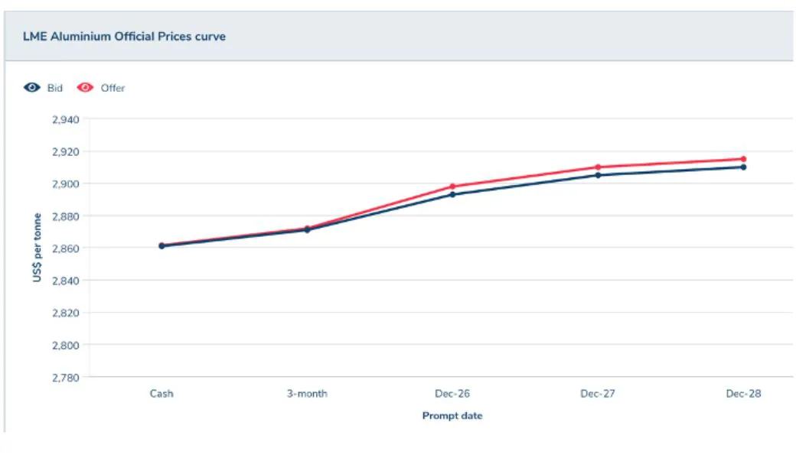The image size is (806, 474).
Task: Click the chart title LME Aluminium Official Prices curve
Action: (x=124, y=36)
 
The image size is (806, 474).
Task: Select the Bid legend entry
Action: (x=44, y=88)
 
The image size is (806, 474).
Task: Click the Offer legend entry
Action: (x=102, y=88)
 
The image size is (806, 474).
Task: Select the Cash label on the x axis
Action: (x=162, y=394)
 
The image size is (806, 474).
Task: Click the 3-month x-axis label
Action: (x=307, y=394)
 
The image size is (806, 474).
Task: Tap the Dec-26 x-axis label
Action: (x=452, y=394)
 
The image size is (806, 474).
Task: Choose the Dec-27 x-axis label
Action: (x=598, y=394)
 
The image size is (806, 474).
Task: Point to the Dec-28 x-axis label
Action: (x=743, y=394)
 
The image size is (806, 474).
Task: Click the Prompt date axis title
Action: (x=452, y=416)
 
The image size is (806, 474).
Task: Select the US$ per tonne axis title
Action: (x=37, y=248)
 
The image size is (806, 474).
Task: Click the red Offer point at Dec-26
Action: (x=452, y=187)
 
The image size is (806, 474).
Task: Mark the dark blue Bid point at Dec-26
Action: (x=452, y=194)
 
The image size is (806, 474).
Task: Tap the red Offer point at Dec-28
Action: (x=743, y=159)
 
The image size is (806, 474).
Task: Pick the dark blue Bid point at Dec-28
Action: (x=743, y=167)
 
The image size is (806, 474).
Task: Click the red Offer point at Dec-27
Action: (x=598, y=167)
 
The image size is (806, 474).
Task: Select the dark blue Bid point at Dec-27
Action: (x=598, y=175)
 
